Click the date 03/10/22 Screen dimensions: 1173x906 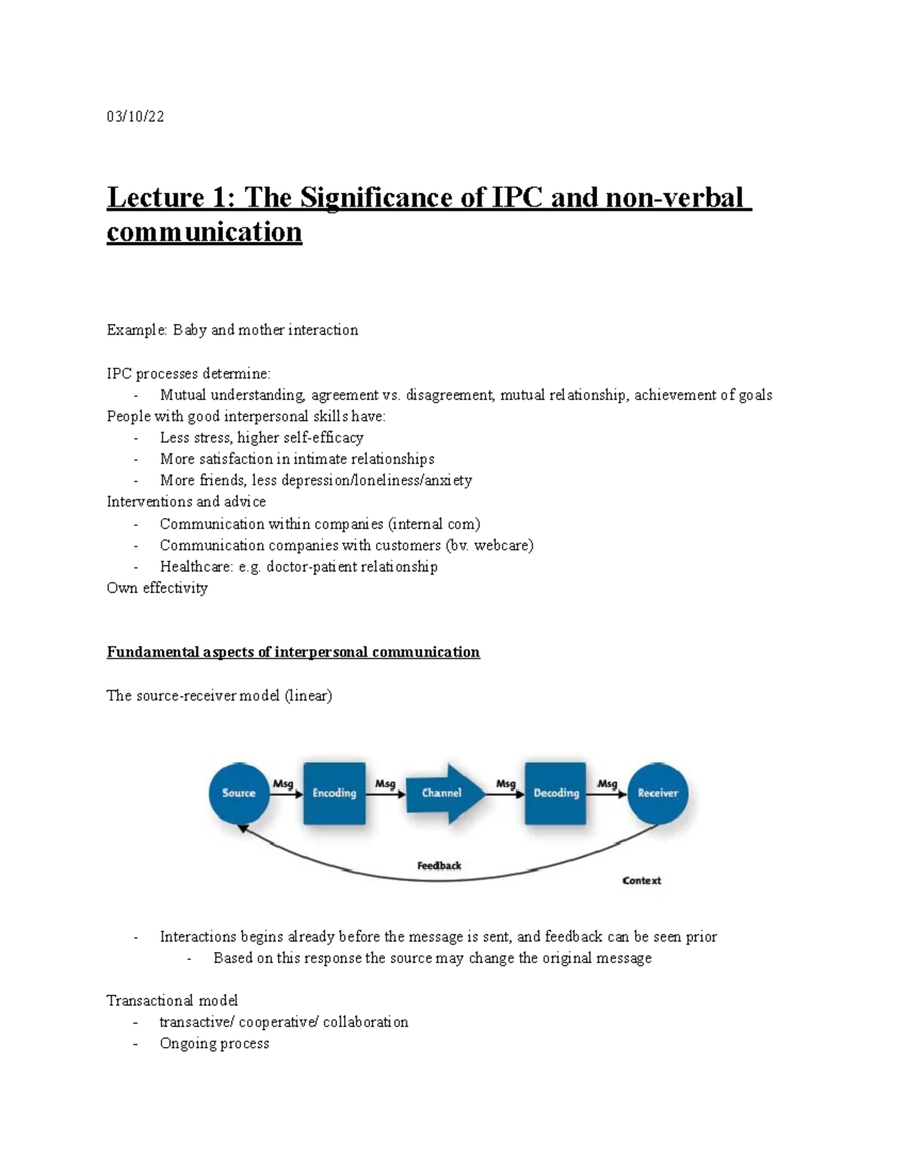[x=135, y=116]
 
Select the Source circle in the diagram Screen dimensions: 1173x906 [x=239, y=793]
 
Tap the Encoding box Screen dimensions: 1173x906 [x=334, y=793]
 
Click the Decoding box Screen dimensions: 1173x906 [x=556, y=793]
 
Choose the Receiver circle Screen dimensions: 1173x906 [x=658, y=793]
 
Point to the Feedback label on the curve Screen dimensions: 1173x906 [x=439, y=866]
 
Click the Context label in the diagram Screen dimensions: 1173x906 [x=641, y=881]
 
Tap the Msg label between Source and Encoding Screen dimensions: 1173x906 [x=283, y=784]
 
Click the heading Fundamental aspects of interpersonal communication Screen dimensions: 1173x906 [x=293, y=652]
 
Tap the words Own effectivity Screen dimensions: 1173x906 [x=157, y=588]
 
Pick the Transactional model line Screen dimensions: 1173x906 [x=172, y=1001]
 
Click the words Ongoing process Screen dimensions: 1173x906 [x=214, y=1043]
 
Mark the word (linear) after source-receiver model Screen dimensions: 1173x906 [x=308, y=696]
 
